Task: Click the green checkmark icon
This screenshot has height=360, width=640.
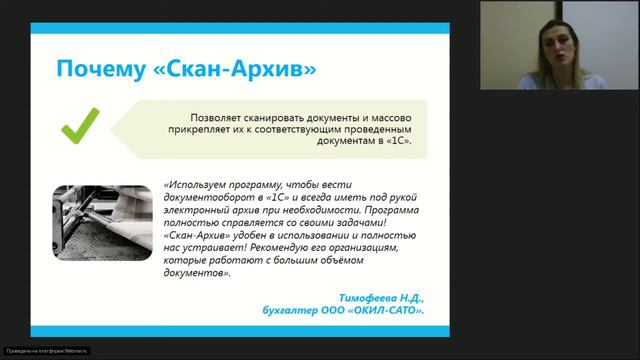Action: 79,127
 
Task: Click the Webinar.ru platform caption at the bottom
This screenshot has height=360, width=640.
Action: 46,351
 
